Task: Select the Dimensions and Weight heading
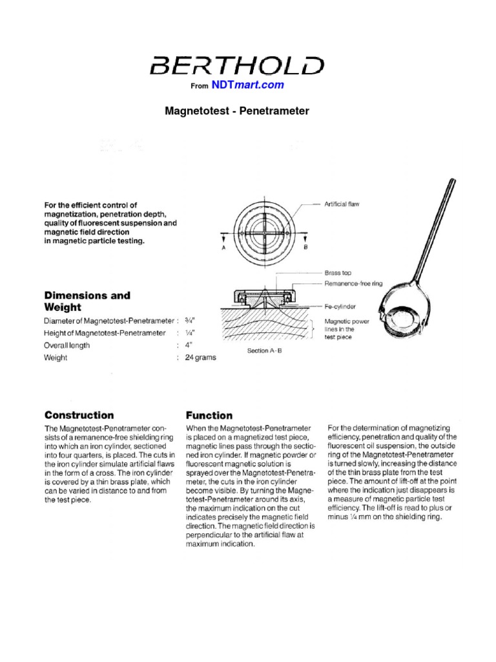[87, 301]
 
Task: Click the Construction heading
[79, 415]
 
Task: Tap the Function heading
[209, 415]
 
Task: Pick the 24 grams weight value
[201, 358]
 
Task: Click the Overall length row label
[67, 345]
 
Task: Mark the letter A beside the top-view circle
[222, 247]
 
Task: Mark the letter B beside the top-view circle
[306, 247]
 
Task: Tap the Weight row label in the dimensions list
[56, 358]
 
